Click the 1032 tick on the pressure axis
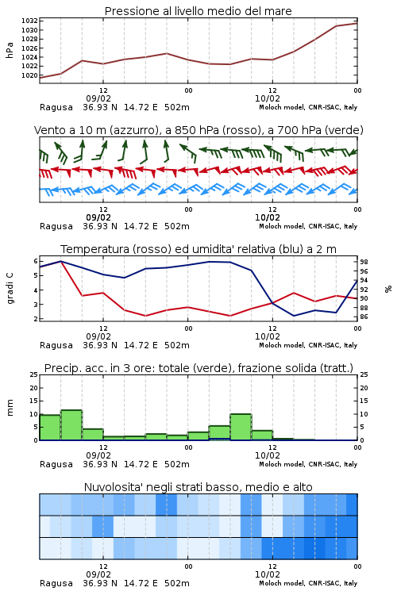pyautogui.click(x=29, y=21)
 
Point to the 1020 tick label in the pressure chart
pyautogui.click(x=29, y=75)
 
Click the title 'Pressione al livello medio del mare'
pyautogui.click(x=198, y=11)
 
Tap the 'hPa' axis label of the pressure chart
pyautogui.click(x=10, y=50)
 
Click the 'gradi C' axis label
pyautogui.click(x=10, y=289)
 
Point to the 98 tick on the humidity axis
pyautogui.click(x=364, y=263)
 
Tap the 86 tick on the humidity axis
pyautogui.click(x=364, y=317)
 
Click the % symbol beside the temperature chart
pyautogui.click(x=388, y=289)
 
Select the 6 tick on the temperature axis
pyautogui.click(x=36, y=261)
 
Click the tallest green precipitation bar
pyautogui.click(x=71, y=425)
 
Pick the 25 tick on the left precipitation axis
pyautogui.click(x=34, y=375)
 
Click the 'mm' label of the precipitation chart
pyautogui.click(x=10, y=408)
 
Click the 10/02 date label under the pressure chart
pyautogui.click(x=268, y=98)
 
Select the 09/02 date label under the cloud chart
pyautogui.click(x=98, y=574)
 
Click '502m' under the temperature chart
pyautogui.click(x=176, y=345)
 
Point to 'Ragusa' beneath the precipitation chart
pyautogui.click(x=56, y=464)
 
